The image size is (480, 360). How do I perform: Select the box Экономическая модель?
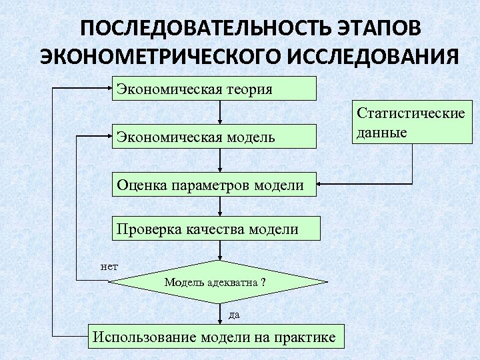(213, 137)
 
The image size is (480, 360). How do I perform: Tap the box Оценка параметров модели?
(213, 184)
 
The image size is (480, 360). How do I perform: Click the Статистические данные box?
(411, 121)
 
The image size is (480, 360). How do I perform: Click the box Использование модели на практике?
(216, 336)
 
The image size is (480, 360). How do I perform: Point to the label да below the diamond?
(234, 313)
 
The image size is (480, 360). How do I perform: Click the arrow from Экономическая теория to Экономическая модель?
(220, 112)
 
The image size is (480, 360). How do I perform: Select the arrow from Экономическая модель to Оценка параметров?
(220, 160)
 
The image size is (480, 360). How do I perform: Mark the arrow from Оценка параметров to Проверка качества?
(220, 207)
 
